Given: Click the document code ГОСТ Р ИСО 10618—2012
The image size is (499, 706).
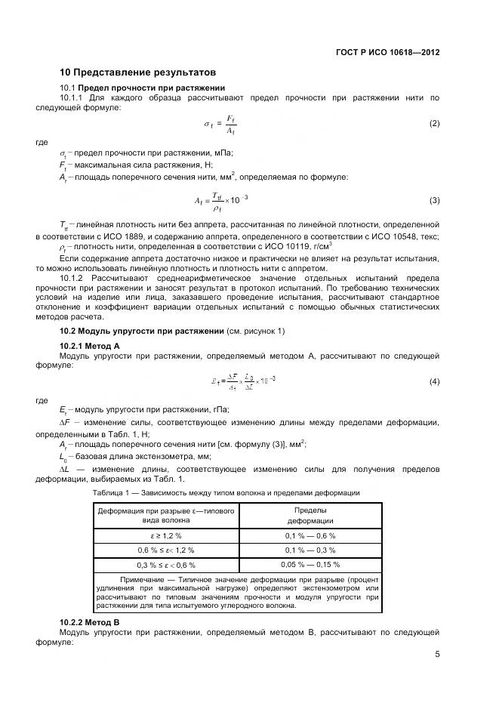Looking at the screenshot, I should pyautogui.click(x=387, y=53).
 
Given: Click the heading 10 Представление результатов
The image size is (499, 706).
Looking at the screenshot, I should pyautogui.click(x=138, y=73).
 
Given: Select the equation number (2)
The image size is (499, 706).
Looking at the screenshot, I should pyautogui.click(x=434, y=123).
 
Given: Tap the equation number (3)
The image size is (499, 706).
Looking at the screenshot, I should pyautogui.click(x=434, y=200).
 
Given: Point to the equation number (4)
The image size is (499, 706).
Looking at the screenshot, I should pyautogui.click(x=434, y=382).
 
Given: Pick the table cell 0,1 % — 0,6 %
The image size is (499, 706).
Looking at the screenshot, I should pyautogui.click(x=310, y=535).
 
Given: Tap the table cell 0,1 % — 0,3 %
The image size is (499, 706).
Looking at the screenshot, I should pyautogui.click(x=310, y=549).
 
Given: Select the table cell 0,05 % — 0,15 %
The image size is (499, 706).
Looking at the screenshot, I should pyautogui.click(x=310, y=563).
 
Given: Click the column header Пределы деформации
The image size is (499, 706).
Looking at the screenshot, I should pyautogui.click(x=310, y=516).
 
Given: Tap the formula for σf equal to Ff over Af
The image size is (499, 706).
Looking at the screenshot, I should pyautogui.click(x=220, y=124).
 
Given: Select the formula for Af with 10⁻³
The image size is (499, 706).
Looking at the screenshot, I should pyautogui.click(x=221, y=201).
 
